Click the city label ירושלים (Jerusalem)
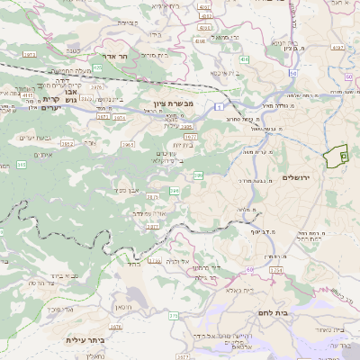point(295,178)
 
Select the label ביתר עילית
point(86,340)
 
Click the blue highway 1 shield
point(218,107)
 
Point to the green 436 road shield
point(244,58)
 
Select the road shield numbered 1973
point(29,55)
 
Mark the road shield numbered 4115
point(27,94)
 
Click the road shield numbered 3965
point(128,143)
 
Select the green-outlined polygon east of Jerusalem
point(336,156)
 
